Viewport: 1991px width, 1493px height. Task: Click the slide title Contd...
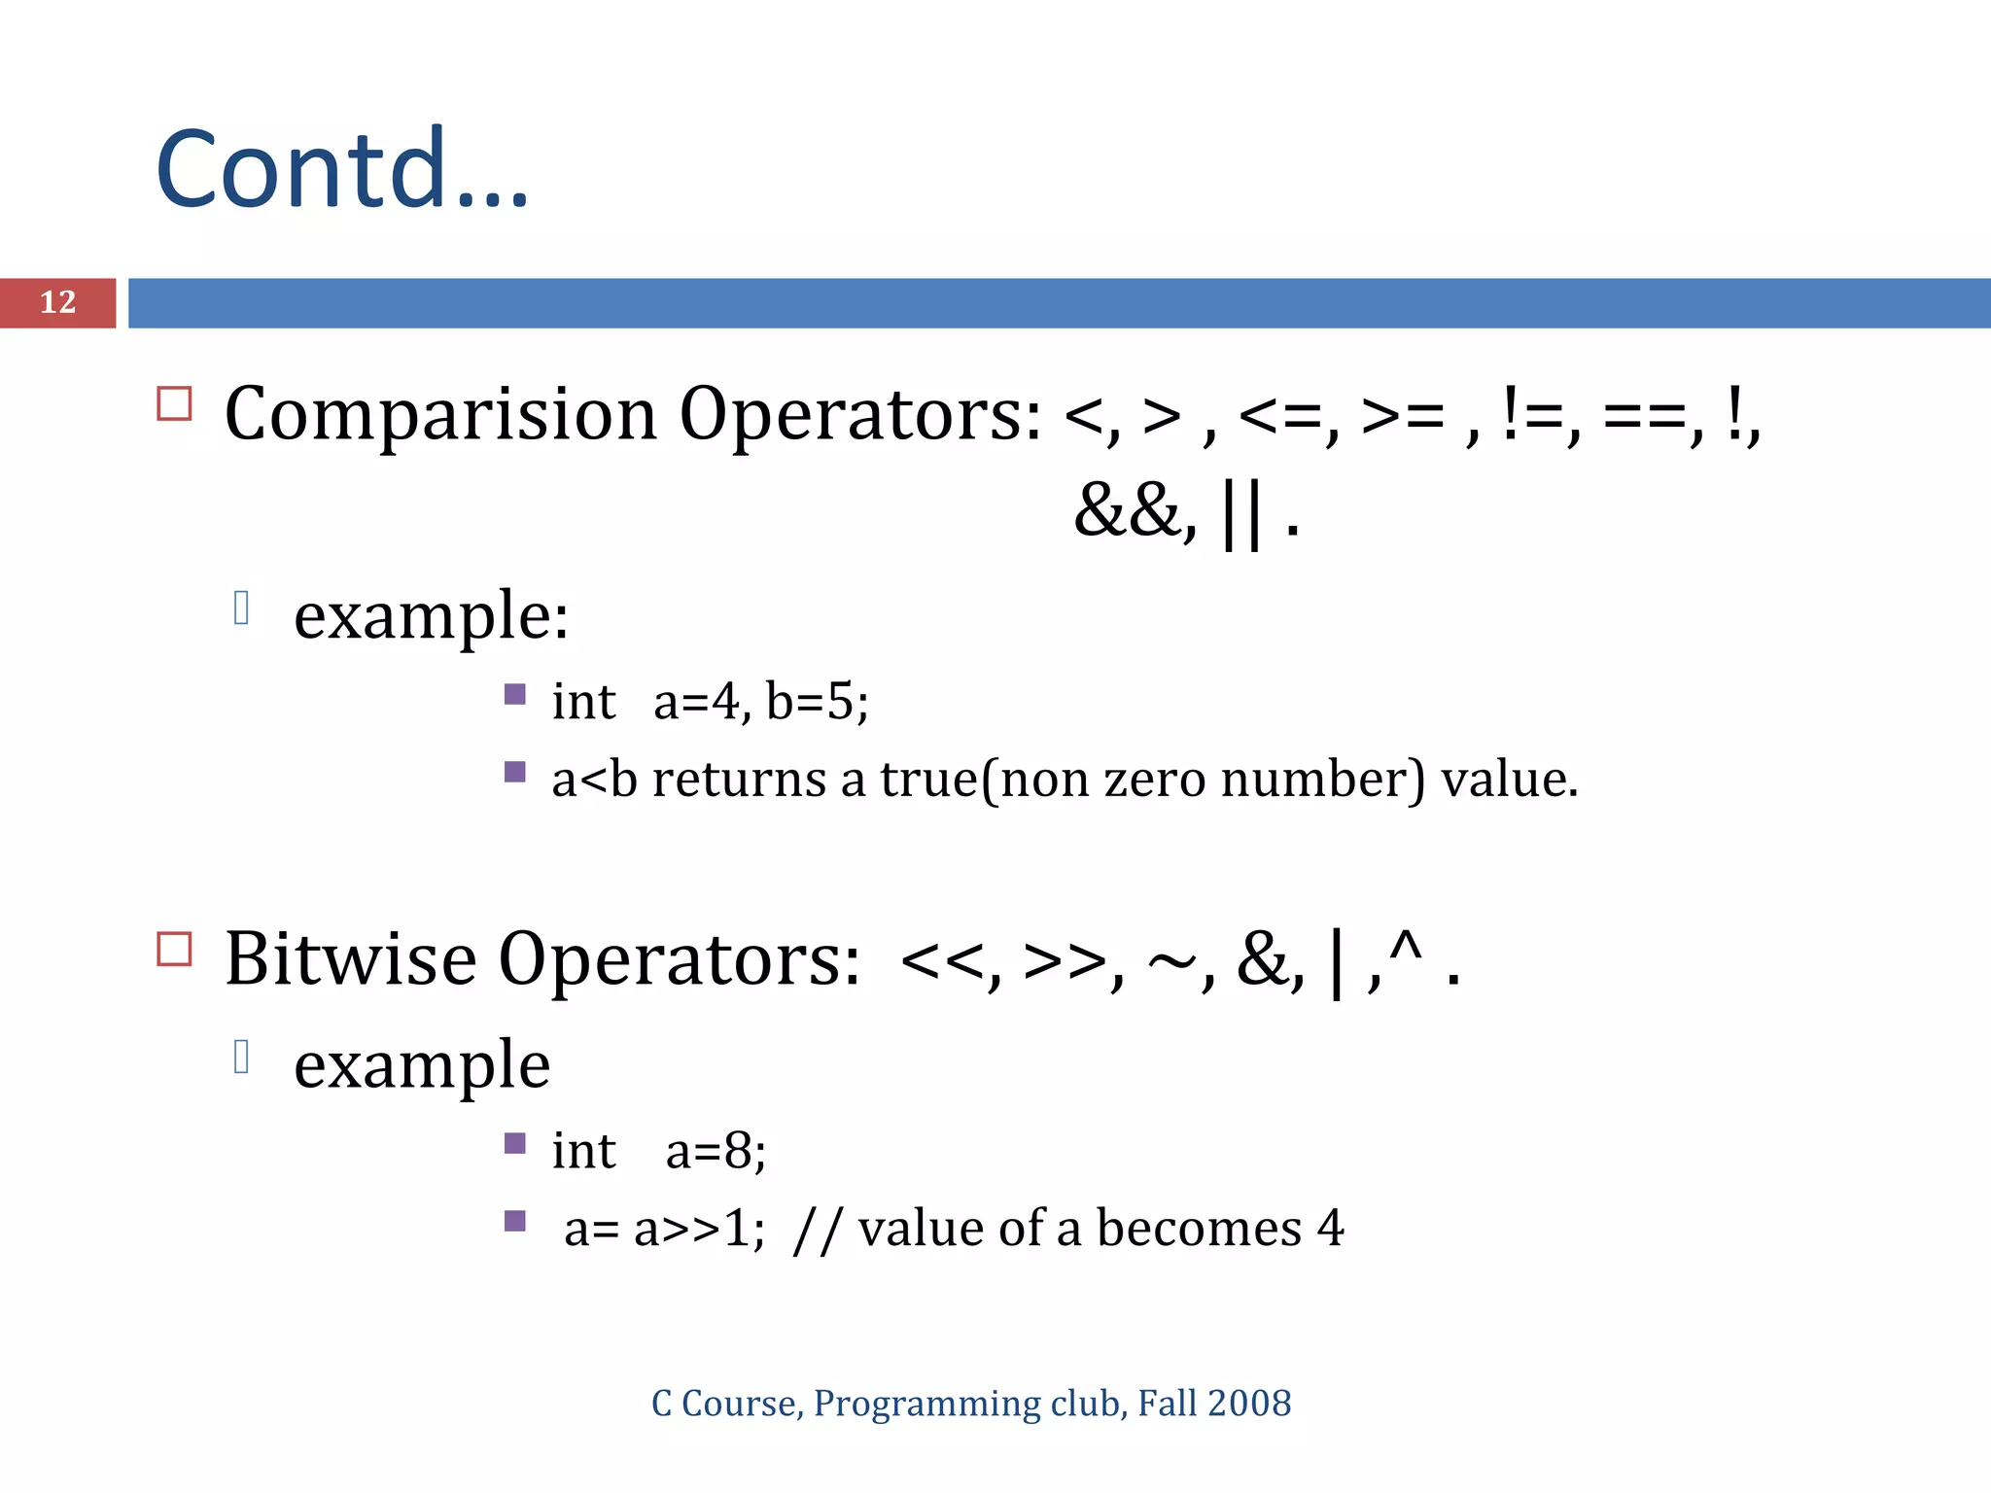tap(340, 170)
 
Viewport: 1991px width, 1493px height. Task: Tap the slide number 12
tap(57, 302)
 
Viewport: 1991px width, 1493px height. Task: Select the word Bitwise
tap(350, 959)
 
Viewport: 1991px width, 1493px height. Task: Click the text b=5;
tap(817, 702)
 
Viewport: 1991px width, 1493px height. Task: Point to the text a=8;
tap(716, 1152)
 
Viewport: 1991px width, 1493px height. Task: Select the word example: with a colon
tap(431, 617)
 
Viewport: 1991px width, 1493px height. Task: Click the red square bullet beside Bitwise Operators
tap(175, 949)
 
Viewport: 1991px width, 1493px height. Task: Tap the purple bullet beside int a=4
tap(515, 694)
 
